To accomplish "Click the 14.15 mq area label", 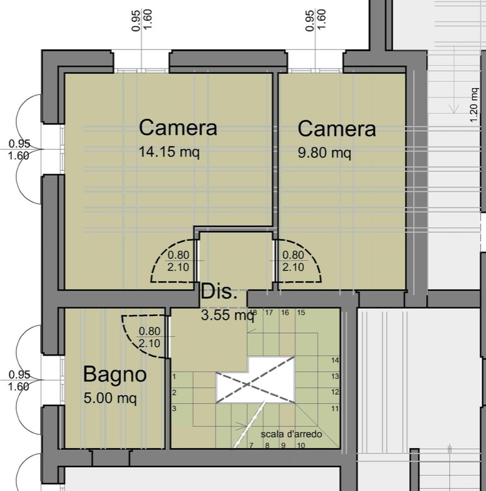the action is tap(169, 152).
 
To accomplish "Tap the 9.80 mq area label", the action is tap(324, 153).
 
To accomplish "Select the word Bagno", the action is tap(115, 375).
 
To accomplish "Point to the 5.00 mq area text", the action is tap(110, 398).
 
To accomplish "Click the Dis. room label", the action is tap(219, 291).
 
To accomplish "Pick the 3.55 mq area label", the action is tap(227, 315).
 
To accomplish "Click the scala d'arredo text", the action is tap(291, 434).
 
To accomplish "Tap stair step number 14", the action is tap(335, 361).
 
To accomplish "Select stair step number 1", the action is tap(174, 376).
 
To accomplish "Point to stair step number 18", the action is tap(253, 312).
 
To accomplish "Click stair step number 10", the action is tap(301, 446).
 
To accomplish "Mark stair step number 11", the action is tap(335, 409).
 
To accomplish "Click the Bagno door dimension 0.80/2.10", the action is tap(149, 337).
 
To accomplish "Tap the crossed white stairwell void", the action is tap(256, 380).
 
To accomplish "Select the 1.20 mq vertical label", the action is tap(474, 105).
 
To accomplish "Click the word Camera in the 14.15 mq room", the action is tap(178, 127).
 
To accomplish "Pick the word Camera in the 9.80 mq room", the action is tap(337, 128).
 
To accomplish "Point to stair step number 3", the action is tap(174, 409).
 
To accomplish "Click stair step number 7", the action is tap(251, 446).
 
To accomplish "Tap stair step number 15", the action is tap(301, 312).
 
